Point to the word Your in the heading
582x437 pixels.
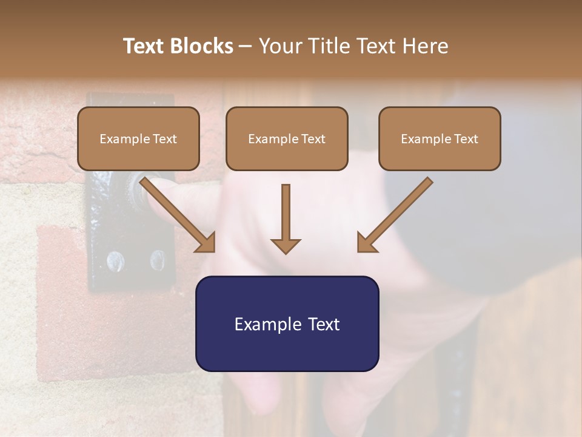pyautogui.click(x=280, y=46)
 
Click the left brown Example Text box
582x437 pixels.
pyautogui.click(x=138, y=139)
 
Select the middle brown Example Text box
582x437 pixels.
pyautogui.click(x=287, y=139)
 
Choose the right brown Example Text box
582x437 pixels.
pyautogui.click(x=440, y=139)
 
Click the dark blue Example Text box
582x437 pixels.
pyautogui.click(x=287, y=324)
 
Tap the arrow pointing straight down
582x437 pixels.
pyautogui.click(x=286, y=218)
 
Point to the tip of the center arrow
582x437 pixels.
pyautogui.click(x=286, y=252)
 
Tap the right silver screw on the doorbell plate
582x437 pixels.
pyautogui.click(x=157, y=260)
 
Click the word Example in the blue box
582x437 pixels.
pyautogui.click(x=264, y=324)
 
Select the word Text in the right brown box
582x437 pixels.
pyautogui.click(x=466, y=139)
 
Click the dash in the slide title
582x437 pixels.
pyautogui.click(x=246, y=46)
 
